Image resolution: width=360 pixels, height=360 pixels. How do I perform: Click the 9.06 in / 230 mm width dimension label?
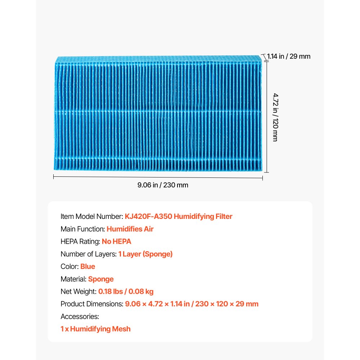(163, 185)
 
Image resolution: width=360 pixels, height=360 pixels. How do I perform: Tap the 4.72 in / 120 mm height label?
(275, 117)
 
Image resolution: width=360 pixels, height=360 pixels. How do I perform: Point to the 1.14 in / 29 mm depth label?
(289, 57)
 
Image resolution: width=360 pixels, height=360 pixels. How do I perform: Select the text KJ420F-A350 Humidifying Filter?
(179, 216)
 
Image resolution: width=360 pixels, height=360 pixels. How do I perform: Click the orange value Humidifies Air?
(130, 229)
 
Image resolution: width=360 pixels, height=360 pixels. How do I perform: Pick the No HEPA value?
(116, 242)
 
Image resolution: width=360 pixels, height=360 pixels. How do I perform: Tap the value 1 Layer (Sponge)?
(145, 254)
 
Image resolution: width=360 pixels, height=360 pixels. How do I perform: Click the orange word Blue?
(88, 267)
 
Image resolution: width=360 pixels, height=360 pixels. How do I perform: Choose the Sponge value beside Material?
(101, 279)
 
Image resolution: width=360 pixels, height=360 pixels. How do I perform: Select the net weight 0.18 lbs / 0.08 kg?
(126, 292)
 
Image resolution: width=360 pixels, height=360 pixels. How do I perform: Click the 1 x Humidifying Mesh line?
(95, 329)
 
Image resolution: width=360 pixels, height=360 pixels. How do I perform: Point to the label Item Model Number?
(92, 216)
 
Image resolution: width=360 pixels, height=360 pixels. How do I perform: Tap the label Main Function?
(82, 229)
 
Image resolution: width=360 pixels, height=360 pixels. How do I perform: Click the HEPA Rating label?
(80, 242)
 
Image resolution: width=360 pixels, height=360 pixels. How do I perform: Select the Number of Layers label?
(89, 254)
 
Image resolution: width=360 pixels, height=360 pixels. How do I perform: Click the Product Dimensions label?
(92, 304)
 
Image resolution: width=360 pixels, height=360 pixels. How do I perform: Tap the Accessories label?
(80, 317)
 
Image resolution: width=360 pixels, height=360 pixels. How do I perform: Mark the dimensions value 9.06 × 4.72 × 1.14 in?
(157, 304)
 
